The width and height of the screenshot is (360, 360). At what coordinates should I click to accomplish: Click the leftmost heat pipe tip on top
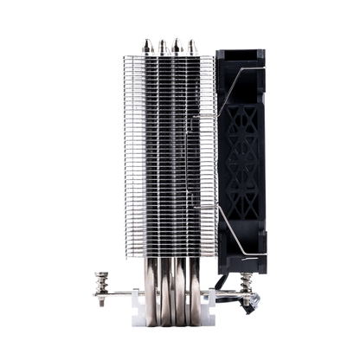(145, 43)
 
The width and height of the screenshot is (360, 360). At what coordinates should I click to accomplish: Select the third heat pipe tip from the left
(175, 40)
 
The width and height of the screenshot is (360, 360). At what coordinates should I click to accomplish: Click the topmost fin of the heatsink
(166, 54)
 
